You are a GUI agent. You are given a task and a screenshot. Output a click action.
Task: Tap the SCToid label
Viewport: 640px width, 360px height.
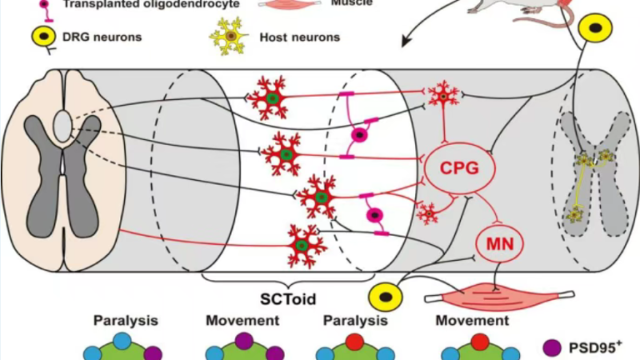(288, 298)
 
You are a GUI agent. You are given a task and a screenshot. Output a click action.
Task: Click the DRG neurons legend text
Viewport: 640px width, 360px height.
(102, 37)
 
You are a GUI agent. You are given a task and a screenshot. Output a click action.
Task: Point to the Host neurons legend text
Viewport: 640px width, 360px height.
(299, 37)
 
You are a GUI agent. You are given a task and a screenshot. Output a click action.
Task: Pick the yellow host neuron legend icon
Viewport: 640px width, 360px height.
(229, 36)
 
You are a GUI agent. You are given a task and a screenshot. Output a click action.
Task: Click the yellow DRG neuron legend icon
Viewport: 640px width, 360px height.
(44, 37)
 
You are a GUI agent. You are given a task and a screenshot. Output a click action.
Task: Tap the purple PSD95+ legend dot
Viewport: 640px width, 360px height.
(552, 348)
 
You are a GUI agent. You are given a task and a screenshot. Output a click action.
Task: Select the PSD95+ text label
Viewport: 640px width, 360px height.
(595, 347)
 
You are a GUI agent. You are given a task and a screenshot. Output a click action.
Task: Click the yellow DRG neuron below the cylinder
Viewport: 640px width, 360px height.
(385, 297)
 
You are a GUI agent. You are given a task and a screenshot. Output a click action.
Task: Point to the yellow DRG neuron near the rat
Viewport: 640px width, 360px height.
(596, 28)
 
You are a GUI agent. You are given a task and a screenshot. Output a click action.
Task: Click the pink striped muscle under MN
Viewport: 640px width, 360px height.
(499, 296)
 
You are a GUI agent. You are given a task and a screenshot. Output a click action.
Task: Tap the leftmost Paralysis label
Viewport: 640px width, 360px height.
(126, 321)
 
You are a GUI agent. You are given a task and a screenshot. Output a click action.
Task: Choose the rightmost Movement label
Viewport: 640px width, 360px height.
(472, 321)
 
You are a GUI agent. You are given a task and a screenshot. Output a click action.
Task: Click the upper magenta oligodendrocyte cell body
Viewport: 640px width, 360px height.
(359, 134)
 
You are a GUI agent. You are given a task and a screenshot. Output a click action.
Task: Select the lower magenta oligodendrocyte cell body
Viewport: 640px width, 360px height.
(374, 215)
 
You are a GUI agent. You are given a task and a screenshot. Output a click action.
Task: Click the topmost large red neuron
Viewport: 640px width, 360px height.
(270, 98)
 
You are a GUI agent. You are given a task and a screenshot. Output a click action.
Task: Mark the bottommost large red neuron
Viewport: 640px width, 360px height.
(304, 246)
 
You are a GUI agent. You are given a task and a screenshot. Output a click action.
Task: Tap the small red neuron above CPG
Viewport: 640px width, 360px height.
(443, 95)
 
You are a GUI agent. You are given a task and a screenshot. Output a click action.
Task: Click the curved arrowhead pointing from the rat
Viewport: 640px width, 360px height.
(406, 42)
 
